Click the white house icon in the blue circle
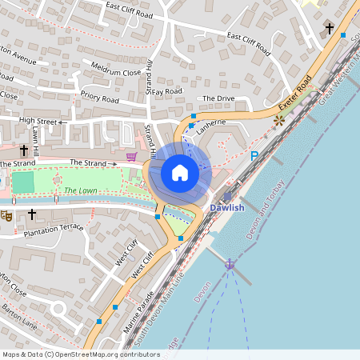point(180,172)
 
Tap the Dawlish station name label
point(226,208)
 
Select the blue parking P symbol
point(254,157)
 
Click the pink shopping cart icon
point(132,156)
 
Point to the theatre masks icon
point(6,215)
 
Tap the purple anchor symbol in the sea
point(230,263)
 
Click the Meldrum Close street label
point(116,70)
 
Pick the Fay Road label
point(168,91)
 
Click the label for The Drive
point(218,98)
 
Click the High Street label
point(38,122)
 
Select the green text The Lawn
point(80,190)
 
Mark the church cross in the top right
point(328,29)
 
